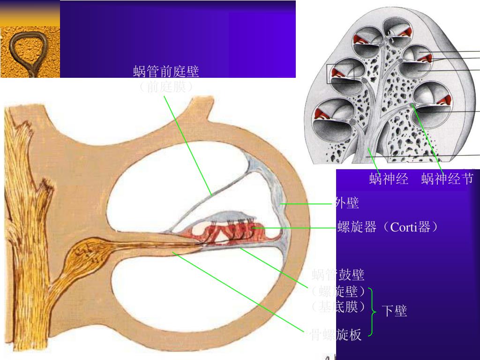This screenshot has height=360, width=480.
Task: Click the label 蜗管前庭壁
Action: [x=166, y=72]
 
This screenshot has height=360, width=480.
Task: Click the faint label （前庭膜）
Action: [x=166, y=87]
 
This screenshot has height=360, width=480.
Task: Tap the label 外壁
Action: [x=347, y=203]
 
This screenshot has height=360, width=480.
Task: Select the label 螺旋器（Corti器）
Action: [x=388, y=228]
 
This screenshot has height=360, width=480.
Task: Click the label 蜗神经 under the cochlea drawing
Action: [x=389, y=179]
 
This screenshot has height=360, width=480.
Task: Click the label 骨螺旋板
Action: [x=336, y=335]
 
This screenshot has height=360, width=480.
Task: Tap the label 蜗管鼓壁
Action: [x=338, y=274]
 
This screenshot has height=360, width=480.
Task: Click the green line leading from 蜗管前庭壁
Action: [x=187, y=145]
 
